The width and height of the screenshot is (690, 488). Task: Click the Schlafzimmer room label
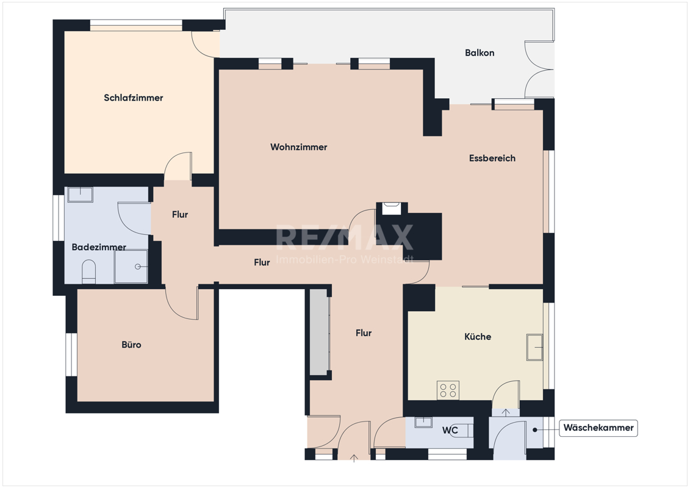pyautogui.click(x=134, y=98)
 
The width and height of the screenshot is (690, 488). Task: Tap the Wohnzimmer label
pyautogui.click(x=299, y=147)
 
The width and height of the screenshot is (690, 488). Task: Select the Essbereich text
pyautogui.click(x=492, y=158)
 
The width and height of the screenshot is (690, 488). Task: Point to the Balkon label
pyautogui.click(x=480, y=53)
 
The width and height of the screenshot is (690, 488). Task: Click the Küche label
pyautogui.click(x=478, y=337)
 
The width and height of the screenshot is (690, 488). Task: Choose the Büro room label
pyautogui.click(x=132, y=345)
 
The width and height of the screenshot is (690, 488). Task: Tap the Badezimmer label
pyautogui.click(x=99, y=247)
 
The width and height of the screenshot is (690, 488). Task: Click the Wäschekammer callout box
pyautogui.click(x=598, y=428)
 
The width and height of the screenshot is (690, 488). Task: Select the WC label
pyautogui.click(x=450, y=431)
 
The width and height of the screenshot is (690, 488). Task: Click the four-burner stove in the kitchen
pyautogui.click(x=448, y=390)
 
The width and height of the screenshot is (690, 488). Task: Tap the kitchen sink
pyautogui.click(x=534, y=347)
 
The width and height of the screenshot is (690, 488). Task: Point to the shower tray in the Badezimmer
pyautogui.click(x=131, y=267)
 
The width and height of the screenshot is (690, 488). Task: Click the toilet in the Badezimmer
pyautogui.click(x=89, y=271)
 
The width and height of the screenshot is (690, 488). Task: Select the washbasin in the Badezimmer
pyautogui.click(x=80, y=195)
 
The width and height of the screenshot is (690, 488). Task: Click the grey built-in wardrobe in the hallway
pyautogui.click(x=320, y=332)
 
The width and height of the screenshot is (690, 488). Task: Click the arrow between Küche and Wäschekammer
pyautogui.click(x=506, y=412)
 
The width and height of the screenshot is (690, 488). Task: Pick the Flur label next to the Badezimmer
pyautogui.click(x=180, y=215)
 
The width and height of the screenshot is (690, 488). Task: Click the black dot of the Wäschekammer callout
pyautogui.click(x=535, y=430)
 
